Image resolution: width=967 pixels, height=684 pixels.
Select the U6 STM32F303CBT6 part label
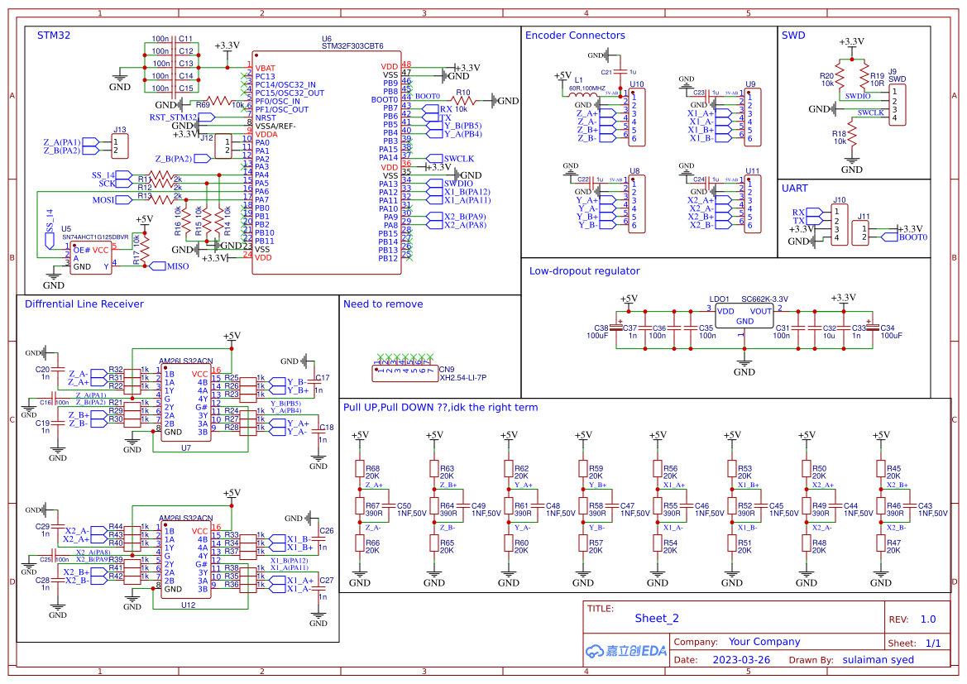click(352, 46)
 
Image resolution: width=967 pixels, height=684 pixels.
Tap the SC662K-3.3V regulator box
click(744, 316)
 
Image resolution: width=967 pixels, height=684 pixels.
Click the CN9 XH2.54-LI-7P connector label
click(462, 377)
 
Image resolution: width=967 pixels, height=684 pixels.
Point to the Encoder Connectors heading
click(575, 36)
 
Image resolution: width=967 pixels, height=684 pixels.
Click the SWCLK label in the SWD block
click(870, 112)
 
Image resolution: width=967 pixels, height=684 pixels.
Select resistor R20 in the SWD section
click(840, 79)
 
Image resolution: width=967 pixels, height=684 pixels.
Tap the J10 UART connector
click(840, 225)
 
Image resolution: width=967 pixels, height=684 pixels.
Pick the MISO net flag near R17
click(178, 266)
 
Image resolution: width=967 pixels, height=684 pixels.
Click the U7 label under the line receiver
click(186, 447)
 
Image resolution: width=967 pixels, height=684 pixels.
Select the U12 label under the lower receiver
click(188, 605)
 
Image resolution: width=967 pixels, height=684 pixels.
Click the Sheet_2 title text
click(656, 618)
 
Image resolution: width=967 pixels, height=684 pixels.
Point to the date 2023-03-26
click(740, 660)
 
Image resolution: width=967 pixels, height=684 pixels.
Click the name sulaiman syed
click(880, 660)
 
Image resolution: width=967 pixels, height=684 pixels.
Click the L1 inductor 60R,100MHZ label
click(586, 88)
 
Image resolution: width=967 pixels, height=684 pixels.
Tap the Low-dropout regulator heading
click(584, 270)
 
